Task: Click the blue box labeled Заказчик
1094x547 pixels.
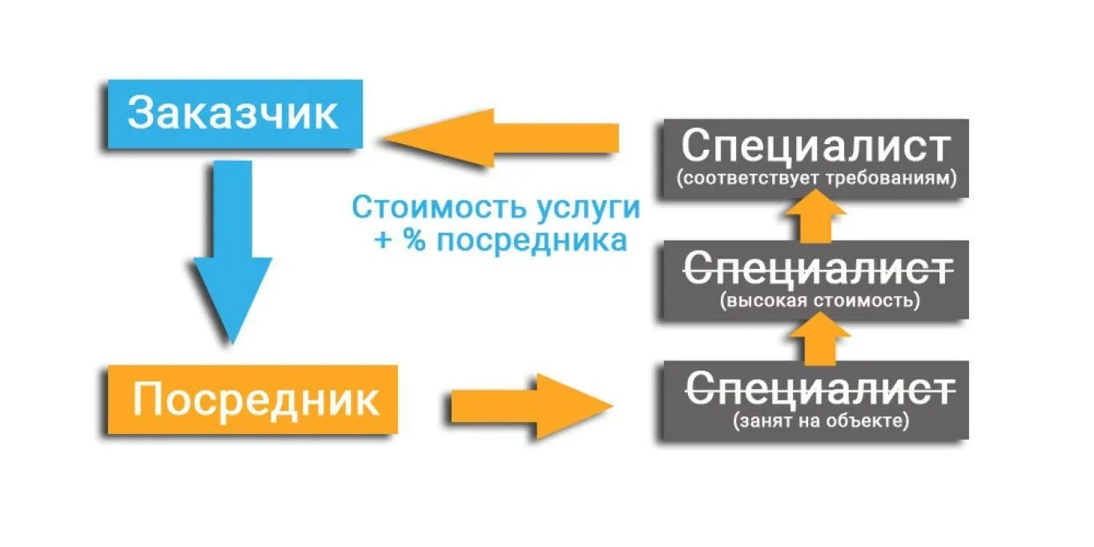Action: pos(235,114)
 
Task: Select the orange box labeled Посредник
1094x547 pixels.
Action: pos(252,400)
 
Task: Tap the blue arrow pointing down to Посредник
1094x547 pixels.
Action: pos(231,256)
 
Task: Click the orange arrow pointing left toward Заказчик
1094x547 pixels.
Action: pos(501,137)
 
